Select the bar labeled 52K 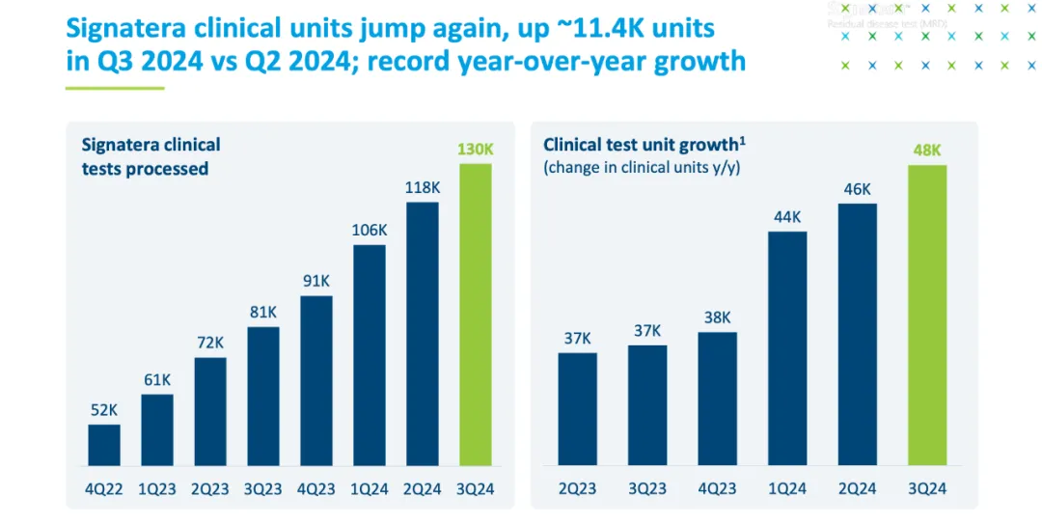[104, 445]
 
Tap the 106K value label [370, 231]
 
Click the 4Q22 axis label [104, 489]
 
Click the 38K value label [717, 317]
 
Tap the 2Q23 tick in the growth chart [577, 489]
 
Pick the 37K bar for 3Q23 [647, 405]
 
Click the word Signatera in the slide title [140, 27]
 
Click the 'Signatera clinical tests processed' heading [151, 156]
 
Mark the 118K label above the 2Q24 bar [423, 187]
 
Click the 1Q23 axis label [157, 489]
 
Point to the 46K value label [857, 189]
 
